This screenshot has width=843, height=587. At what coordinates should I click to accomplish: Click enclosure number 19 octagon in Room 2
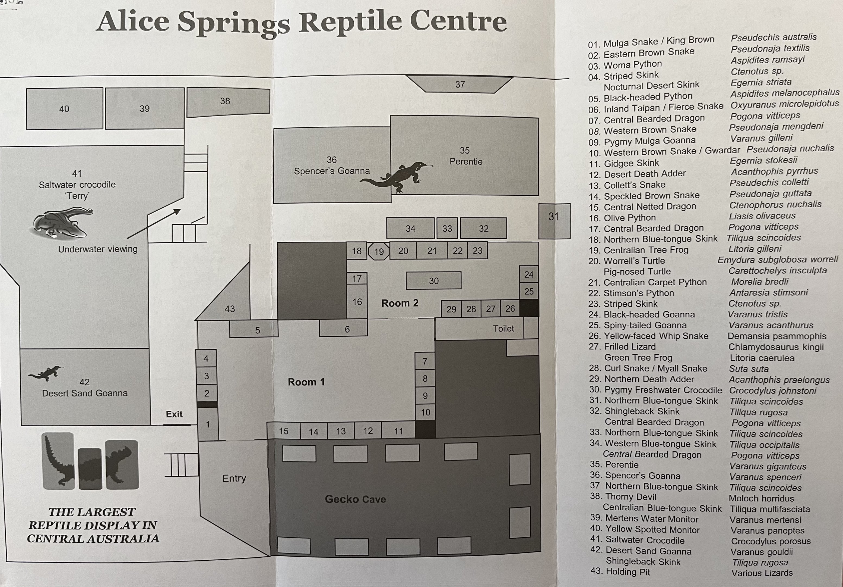pyautogui.click(x=379, y=251)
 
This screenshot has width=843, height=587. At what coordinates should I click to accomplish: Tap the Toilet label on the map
pyautogui.click(x=503, y=329)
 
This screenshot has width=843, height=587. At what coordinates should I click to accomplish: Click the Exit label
pyautogui.click(x=174, y=414)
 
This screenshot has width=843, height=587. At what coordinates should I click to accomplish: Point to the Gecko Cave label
pyautogui.click(x=355, y=499)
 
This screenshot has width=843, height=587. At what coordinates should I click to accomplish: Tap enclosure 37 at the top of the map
pyautogui.click(x=460, y=84)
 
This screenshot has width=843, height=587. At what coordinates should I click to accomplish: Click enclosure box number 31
pyautogui.click(x=554, y=221)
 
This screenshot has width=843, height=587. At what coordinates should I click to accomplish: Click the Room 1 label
pyautogui.click(x=306, y=382)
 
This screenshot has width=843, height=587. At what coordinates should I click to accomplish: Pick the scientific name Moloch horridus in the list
pyautogui.click(x=761, y=499)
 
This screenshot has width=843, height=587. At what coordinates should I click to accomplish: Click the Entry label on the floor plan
pyautogui.click(x=234, y=478)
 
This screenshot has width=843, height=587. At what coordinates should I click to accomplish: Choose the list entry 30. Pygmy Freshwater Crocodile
pyautogui.click(x=656, y=390)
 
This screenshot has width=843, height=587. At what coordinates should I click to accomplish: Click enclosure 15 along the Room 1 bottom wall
pyautogui.click(x=283, y=431)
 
